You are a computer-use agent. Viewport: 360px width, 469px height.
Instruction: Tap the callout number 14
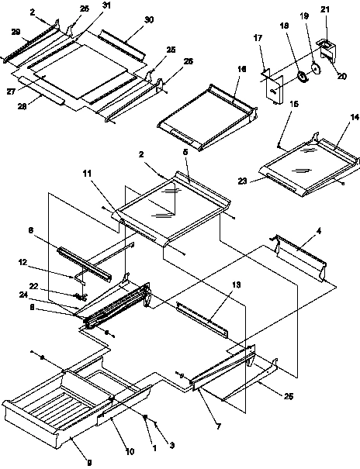pos(355,116)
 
